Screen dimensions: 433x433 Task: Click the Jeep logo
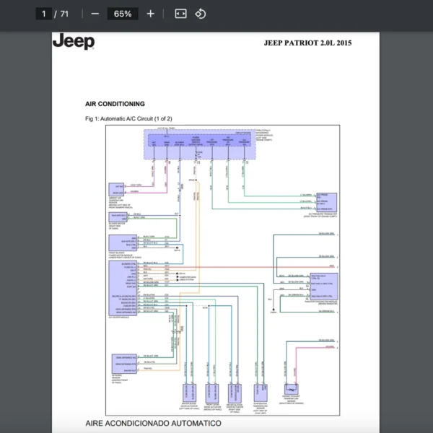73,42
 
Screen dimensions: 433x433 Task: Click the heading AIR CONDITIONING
115,104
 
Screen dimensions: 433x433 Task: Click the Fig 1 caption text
128,118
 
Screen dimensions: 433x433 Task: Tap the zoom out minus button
95,14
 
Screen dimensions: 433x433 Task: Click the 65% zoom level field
122,14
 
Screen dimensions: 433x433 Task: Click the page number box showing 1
45,14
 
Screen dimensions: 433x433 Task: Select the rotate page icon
201,14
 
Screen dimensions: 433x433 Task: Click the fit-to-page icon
180,14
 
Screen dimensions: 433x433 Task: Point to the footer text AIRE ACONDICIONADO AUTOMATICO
153,422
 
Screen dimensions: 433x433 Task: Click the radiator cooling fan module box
323,287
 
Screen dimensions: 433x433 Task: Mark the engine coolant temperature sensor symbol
292,388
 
